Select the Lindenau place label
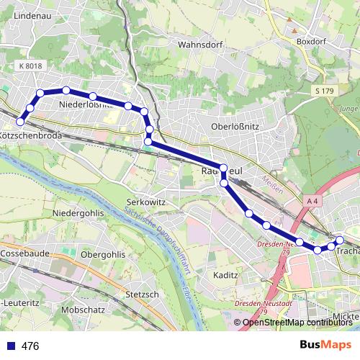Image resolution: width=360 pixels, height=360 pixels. (x=30, y=14)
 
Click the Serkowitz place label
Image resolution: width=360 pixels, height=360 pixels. (x=146, y=202)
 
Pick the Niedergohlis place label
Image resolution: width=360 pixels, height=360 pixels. (x=79, y=214)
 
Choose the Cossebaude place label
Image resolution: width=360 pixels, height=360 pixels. (x=24, y=254)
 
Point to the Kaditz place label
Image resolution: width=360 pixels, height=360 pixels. (x=226, y=276)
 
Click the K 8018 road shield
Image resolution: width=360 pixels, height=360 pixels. (x=31, y=66)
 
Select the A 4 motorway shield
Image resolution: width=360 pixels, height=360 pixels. (x=312, y=199)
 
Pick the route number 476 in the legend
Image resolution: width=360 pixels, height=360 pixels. (x=30, y=346)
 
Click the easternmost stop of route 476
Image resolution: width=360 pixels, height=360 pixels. (x=340, y=240)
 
